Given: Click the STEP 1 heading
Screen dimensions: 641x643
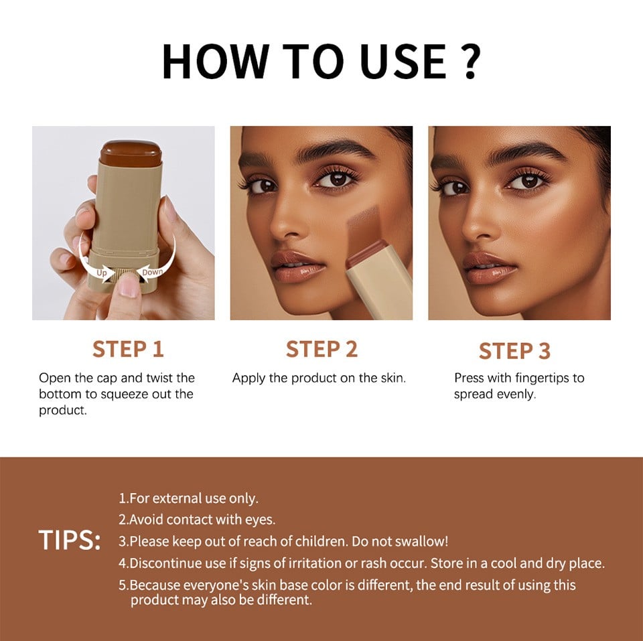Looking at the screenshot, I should pos(128,349).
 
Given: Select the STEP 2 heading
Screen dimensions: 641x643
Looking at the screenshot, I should pos(321,349).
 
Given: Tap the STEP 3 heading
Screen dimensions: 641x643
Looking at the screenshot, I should pos(514,350).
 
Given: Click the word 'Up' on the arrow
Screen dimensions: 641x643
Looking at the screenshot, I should pos(102,273).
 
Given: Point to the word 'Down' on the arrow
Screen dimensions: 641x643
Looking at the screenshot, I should pos(152,271).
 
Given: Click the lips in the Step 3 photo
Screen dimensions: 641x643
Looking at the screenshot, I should pos(489,267).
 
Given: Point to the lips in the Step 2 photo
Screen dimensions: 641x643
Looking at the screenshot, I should pos(297,265).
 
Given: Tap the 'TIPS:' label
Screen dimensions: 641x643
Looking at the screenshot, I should pos(69,541).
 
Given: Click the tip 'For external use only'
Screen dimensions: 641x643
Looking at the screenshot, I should pos(188,498).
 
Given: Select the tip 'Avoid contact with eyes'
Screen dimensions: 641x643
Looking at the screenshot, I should pos(197,519).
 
